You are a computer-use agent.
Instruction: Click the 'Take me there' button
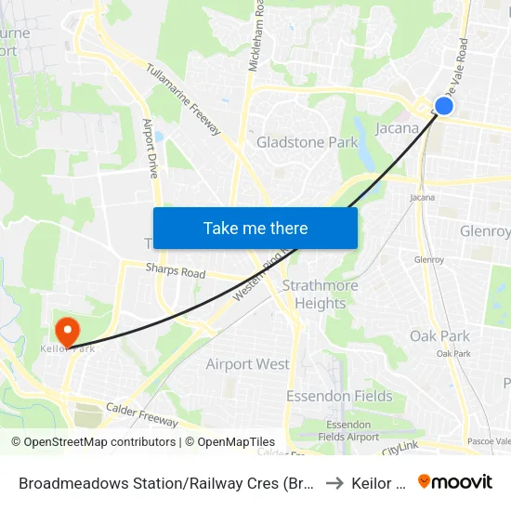[255, 228]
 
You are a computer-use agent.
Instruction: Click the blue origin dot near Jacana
[444, 106]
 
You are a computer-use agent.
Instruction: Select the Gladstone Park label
[307, 142]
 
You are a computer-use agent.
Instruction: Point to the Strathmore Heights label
[321, 294]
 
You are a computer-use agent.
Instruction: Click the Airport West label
[247, 364]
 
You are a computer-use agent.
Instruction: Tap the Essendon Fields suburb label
[339, 396]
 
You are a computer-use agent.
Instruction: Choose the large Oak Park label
[439, 335]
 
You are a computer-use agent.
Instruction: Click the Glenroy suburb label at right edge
[486, 232]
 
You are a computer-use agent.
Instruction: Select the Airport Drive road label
[150, 148]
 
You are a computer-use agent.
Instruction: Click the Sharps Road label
[175, 272]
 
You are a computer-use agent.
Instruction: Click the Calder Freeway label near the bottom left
[141, 414]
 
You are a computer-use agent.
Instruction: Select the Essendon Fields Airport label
[348, 430]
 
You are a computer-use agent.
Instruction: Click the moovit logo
[455, 481]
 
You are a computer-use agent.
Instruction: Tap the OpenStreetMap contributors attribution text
[93, 442]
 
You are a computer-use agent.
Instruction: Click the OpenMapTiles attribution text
[229, 442]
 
